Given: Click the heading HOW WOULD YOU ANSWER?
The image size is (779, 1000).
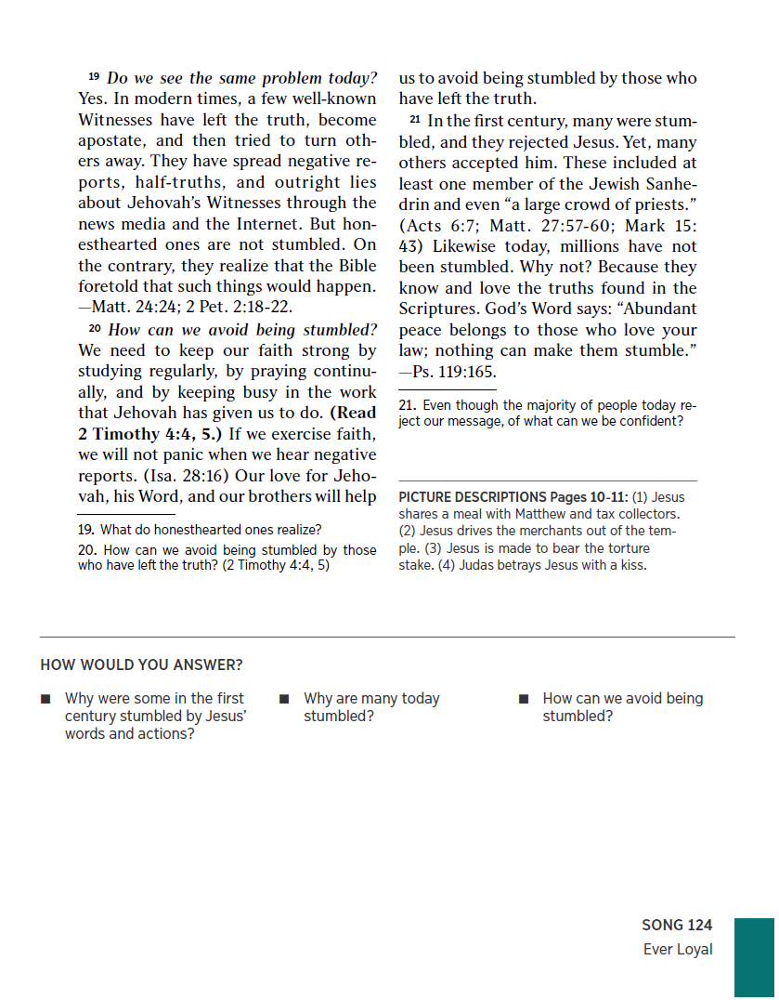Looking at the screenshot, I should (141, 664).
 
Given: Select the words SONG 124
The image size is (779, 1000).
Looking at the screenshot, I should (677, 925).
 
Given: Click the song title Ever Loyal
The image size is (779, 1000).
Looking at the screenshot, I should (678, 949).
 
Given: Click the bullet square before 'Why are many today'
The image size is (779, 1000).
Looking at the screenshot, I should (284, 699).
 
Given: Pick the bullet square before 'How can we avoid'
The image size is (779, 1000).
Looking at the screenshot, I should (524, 699).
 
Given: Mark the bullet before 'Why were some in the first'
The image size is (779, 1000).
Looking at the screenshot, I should (45, 699).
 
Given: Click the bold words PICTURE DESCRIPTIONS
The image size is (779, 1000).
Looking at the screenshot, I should (473, 497).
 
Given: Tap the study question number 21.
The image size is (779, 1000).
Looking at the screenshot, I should (407, 406).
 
